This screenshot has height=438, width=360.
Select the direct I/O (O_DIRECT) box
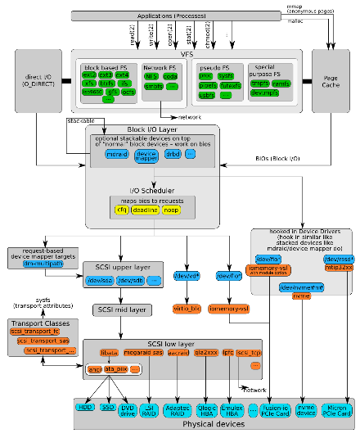tap(38, 79)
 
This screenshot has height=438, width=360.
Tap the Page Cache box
tap(330, 79)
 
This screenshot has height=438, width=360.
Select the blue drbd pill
tap(171, 154)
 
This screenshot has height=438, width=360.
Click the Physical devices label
tap(213, 425)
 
